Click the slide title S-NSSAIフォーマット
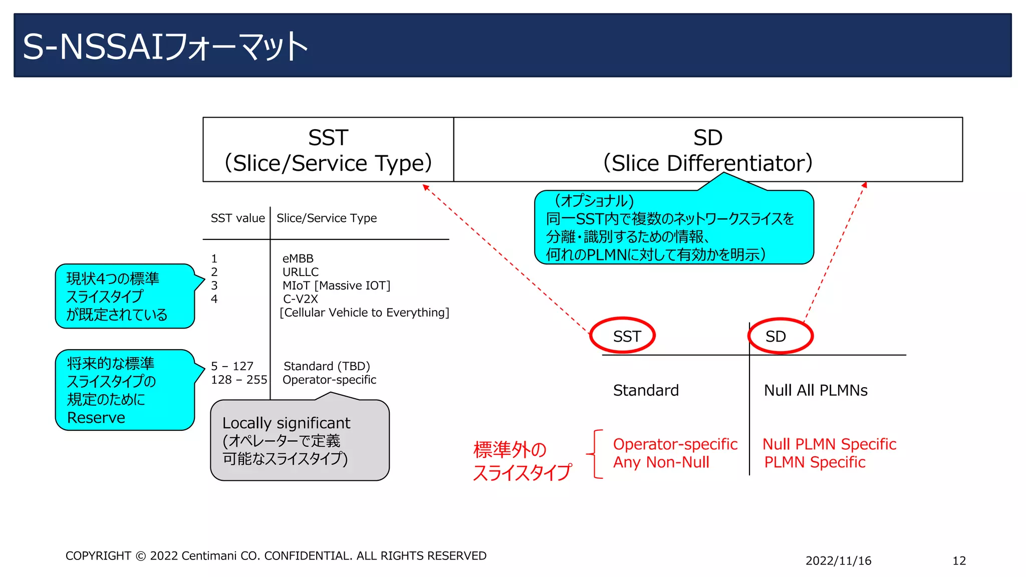tap(165, 47)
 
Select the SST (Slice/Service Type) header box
tap(328, 150)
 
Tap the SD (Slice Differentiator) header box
tap(707, 150)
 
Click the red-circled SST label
tap(623, 336)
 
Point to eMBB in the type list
tap(298, 258)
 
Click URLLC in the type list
tap(300, 272)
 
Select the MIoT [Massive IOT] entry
tap(336, 285)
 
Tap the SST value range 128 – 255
tap(238, 380)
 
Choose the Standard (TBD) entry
tap(326, 366)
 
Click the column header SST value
tap(237, 218)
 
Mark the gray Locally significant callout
tap(300, 441)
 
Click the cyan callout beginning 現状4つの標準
tap(124, 297)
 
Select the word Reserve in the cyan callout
tap(96, 418)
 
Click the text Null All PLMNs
tap(815, 390)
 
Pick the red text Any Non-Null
tap(661, 462)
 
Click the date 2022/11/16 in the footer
tap(838, 561)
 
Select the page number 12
tap(959, 561)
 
